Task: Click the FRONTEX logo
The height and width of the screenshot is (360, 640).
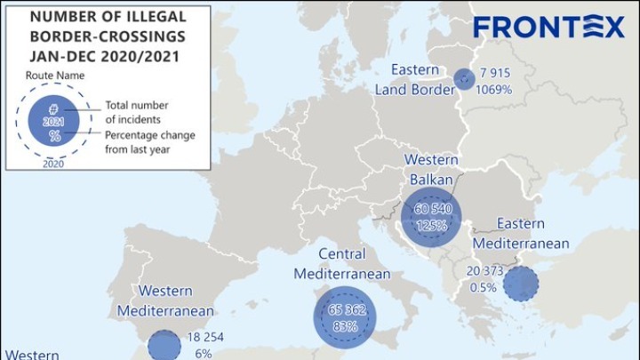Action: pos(548,28)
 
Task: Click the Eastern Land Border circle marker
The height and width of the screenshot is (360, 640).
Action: pos(463,79)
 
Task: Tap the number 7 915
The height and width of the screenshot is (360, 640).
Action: pos(494,72)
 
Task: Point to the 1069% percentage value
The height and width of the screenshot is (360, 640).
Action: pos(493,88)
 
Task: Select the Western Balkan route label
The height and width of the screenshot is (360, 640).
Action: pos(431,169)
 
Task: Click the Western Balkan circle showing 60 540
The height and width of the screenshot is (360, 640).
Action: pos(431,218)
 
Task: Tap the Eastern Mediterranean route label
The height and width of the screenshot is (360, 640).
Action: pos(521,233)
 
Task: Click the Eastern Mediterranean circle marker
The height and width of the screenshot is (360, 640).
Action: pos(520,284)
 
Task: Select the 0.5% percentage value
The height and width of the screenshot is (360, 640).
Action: pos(482,286)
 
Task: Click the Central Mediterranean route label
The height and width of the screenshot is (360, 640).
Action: pos(342,264)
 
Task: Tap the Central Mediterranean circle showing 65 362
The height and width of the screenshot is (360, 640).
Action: pos(345,317)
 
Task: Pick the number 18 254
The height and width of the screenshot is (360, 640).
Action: pos(208,338)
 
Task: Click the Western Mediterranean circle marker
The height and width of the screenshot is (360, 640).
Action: pos(163,347)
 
